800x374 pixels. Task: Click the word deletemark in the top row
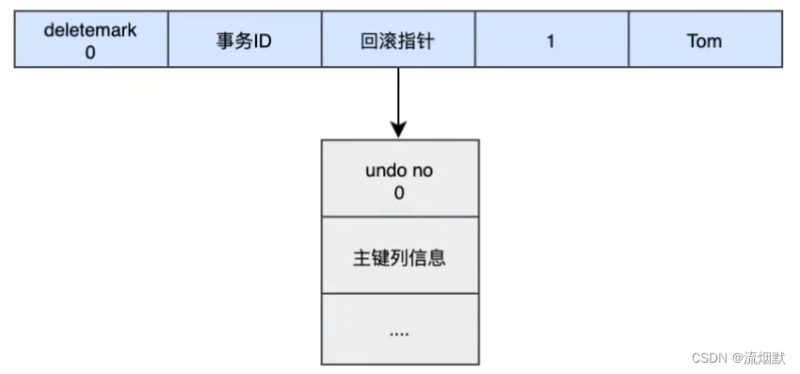[90, 29]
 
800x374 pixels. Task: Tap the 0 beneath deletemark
[90, 52]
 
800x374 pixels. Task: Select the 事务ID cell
[244, 41]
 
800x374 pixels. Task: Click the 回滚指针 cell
[397, 41]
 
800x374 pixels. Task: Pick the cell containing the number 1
[551, 41]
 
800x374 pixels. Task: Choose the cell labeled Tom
[705, 41]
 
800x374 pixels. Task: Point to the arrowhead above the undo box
[399, 129]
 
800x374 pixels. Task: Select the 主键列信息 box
[400, 255]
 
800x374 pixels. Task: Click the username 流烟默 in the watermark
[767, 358]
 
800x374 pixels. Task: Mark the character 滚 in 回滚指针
[388, 41]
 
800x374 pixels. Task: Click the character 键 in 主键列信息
[380, 255]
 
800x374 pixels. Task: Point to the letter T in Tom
[692, 41]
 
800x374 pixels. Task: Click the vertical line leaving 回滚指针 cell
[399, 94]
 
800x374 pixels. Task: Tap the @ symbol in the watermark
[739, 358]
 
